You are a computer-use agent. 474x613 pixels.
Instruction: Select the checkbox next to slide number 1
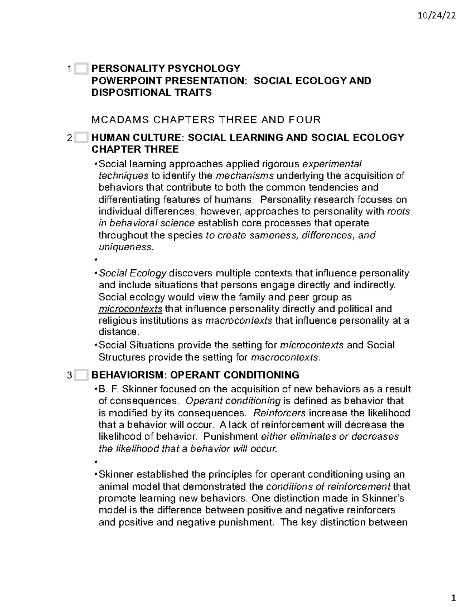tap(81, 69)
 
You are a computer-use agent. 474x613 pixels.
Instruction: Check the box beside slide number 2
tap(81, 138)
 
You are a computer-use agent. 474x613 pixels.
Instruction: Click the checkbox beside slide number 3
tap(81, 375)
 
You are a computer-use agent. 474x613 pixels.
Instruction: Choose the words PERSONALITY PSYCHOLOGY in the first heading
tap(166, 69)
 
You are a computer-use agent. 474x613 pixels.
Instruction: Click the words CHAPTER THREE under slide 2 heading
tap(135, 149)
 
